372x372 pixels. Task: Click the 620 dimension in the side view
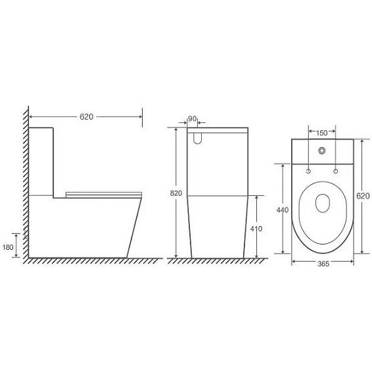tap(86, 117)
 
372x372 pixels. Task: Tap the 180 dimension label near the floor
tap(8, 247)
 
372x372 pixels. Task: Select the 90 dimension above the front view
tap(192, 118)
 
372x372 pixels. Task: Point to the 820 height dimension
tap(176, 193)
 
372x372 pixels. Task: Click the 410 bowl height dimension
tap(256, 229)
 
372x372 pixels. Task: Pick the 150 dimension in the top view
tap(321, 133)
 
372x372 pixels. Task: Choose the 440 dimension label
tap(283, 210)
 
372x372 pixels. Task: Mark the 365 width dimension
tap(323, 264)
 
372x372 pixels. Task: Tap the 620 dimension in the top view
tap(363, 196)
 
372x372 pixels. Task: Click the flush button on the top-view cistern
tap(321, 151)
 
